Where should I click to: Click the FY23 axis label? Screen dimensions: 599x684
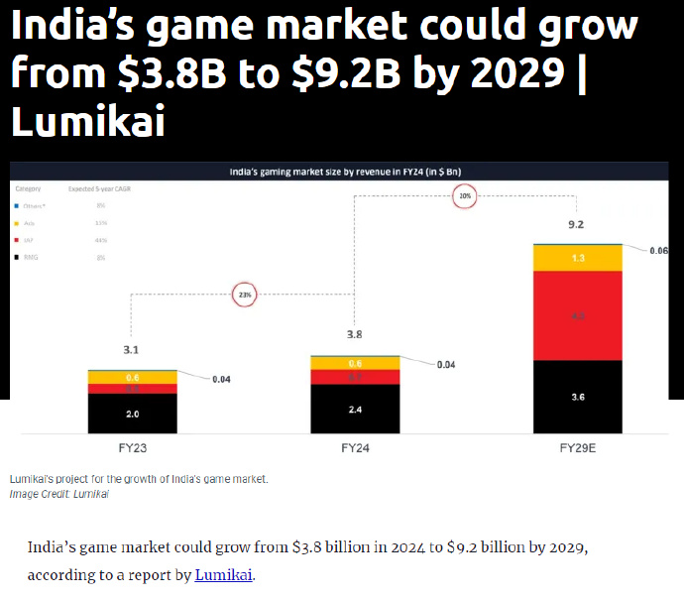pos(132,448)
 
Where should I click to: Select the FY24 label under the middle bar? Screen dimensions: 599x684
pos(354,448)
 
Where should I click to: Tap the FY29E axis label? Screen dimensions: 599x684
pos(577,448)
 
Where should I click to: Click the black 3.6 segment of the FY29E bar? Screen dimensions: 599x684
pos(578,397)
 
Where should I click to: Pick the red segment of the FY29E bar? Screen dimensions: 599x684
pos(578,316)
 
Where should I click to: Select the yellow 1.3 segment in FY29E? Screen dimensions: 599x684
pos(578,258)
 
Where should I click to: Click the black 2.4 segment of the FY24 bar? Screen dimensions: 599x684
pos(355,409)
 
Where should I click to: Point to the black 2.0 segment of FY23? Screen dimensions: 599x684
pos(132,414)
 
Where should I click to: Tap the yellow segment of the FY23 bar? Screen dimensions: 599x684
pos(132,378)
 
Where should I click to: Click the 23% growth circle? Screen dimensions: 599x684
pos(243,294)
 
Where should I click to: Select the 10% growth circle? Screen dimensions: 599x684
pos(465,196)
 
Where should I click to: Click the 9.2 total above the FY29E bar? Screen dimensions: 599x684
pos(576,225)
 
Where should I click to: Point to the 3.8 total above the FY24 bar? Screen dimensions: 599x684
pos(354,335)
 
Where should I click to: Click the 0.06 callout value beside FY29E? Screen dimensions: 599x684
pos(658,251)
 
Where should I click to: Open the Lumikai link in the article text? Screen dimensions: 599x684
pos(223,575)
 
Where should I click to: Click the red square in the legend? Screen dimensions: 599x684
pos(16,240)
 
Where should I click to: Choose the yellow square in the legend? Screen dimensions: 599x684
pos(16,223)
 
